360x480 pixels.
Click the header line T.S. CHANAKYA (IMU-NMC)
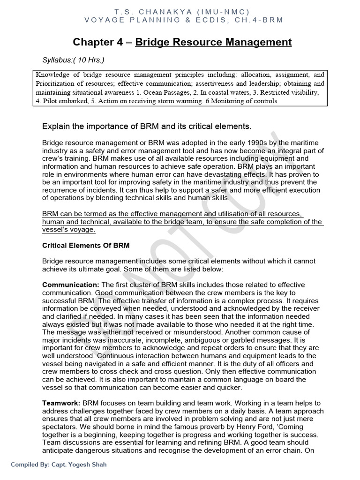click(182, 11)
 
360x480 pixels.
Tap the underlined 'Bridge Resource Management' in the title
click(213, 43)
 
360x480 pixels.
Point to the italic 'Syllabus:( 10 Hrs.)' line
click(74, 60)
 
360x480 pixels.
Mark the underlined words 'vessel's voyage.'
click(68, 230)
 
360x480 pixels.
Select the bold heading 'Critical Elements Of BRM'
click(86, 245)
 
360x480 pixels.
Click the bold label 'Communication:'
click(71, 285)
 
